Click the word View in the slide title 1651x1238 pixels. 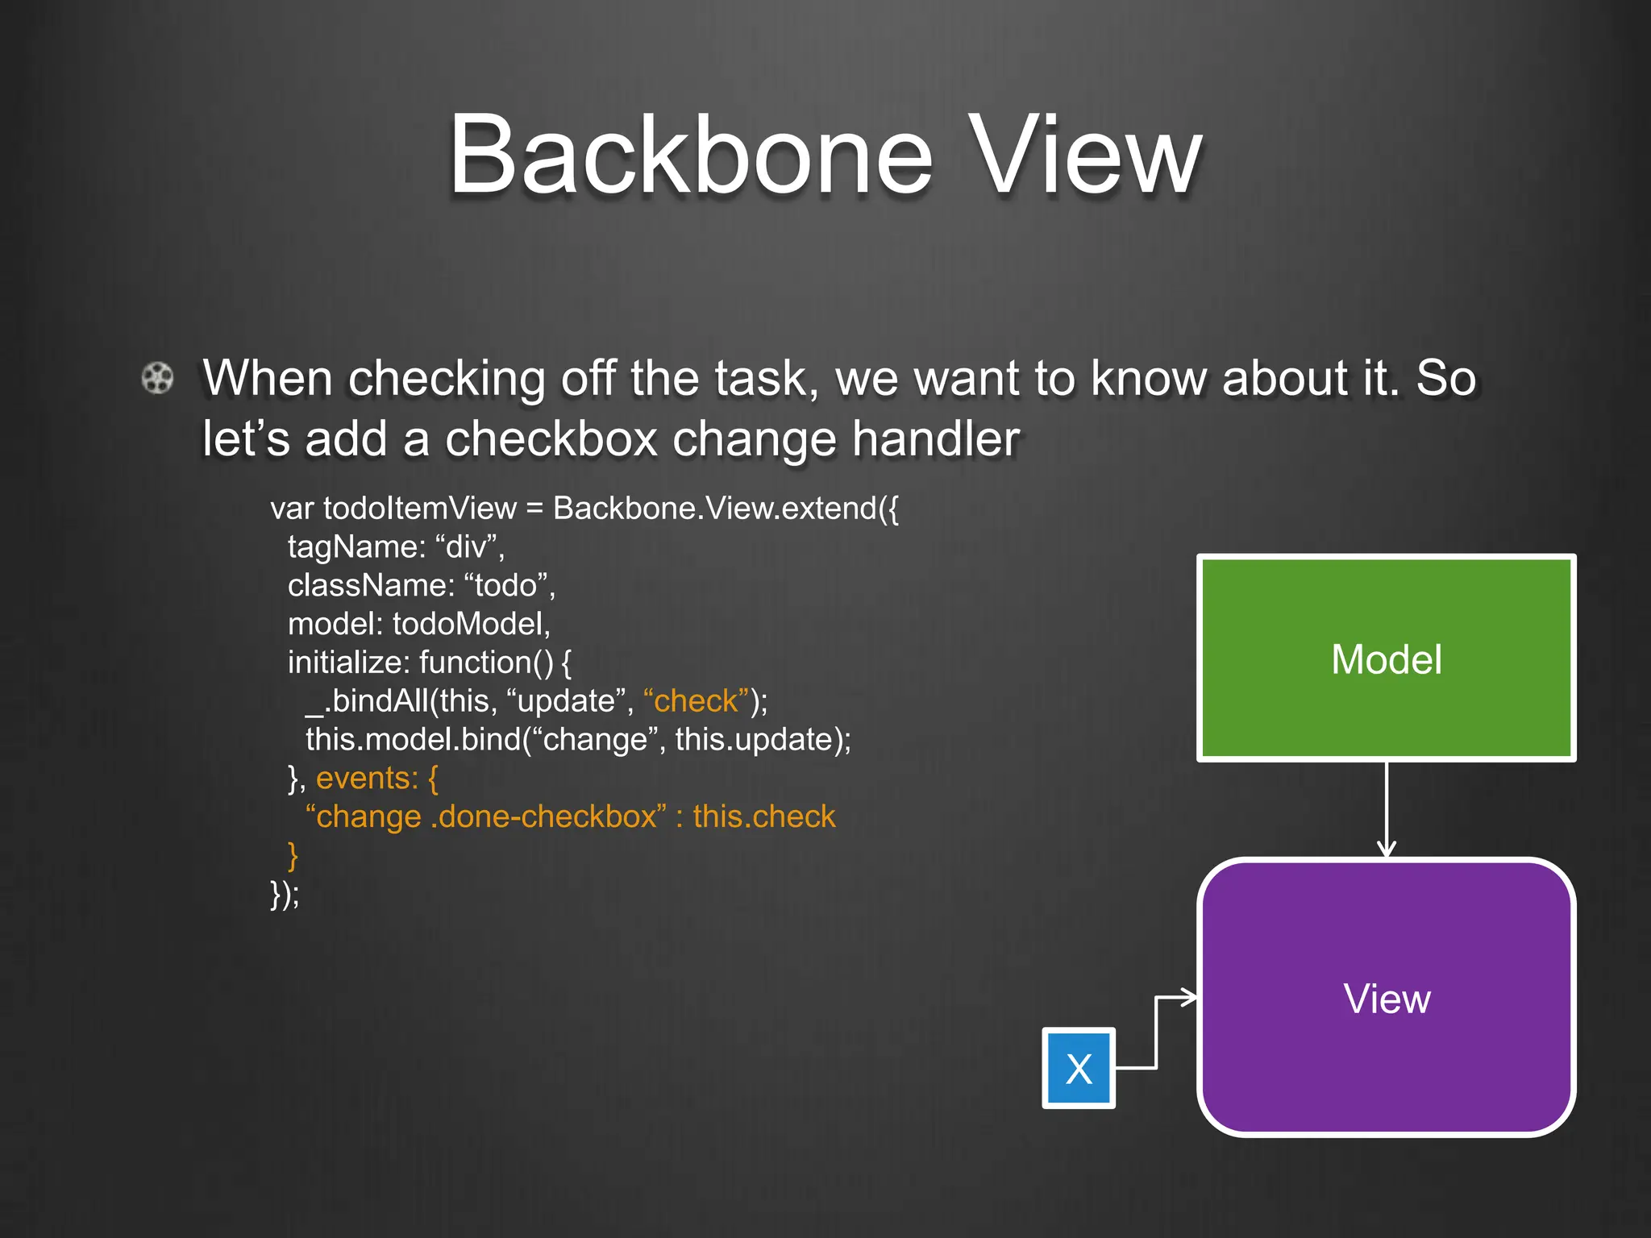pos(1086,155)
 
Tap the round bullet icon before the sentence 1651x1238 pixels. pos(157,377)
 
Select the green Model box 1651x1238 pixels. pos(1386,658)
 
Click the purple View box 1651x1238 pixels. pos(1386,998)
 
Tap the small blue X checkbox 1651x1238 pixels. pos(1078,1069)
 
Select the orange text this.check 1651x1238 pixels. pos(763,817)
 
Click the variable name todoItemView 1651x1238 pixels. pos(419,509)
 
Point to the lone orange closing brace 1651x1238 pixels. pos(293,855)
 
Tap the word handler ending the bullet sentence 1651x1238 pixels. pos(936,439)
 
